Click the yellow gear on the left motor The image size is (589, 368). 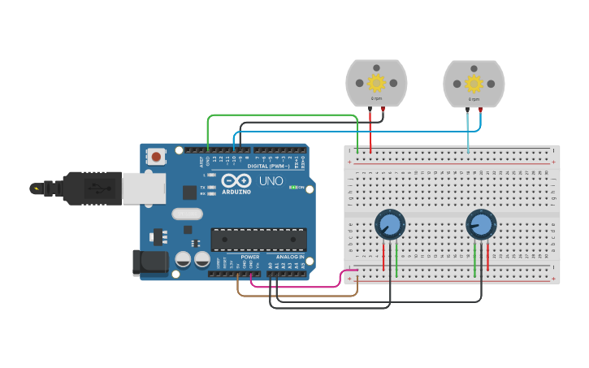pos(376,82)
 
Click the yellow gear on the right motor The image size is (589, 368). pos(474,83)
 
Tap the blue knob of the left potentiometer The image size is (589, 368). pos(389,224)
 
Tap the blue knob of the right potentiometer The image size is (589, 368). pos(480,224)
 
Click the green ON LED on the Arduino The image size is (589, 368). pos(292,187)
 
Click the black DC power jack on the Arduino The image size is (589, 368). pos(150,262)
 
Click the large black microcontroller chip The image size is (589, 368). pos(258,240)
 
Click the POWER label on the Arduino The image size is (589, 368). pos(249,257)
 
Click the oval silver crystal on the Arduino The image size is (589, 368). pos(187,214)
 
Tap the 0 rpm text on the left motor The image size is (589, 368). pos(376,98)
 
